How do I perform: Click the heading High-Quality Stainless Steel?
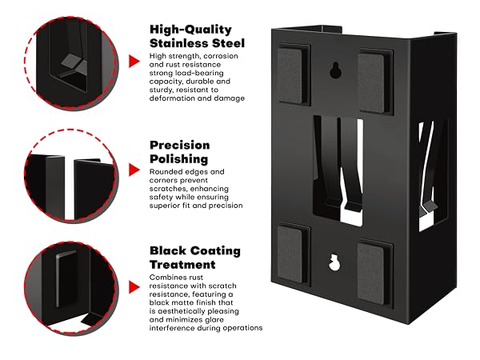point(197,36)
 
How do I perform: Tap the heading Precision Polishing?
point(180,152)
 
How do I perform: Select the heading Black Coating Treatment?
point(195,258)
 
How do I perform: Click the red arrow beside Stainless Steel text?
point(134,61)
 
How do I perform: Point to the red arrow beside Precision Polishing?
point(134,170)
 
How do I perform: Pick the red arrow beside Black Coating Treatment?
point(134,287)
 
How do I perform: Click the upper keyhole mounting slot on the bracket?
point(335,70)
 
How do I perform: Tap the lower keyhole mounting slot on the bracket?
point(334,262)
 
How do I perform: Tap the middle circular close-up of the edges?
point(71,175)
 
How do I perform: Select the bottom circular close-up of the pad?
point(71,288)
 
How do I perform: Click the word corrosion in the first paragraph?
point(221,56)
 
